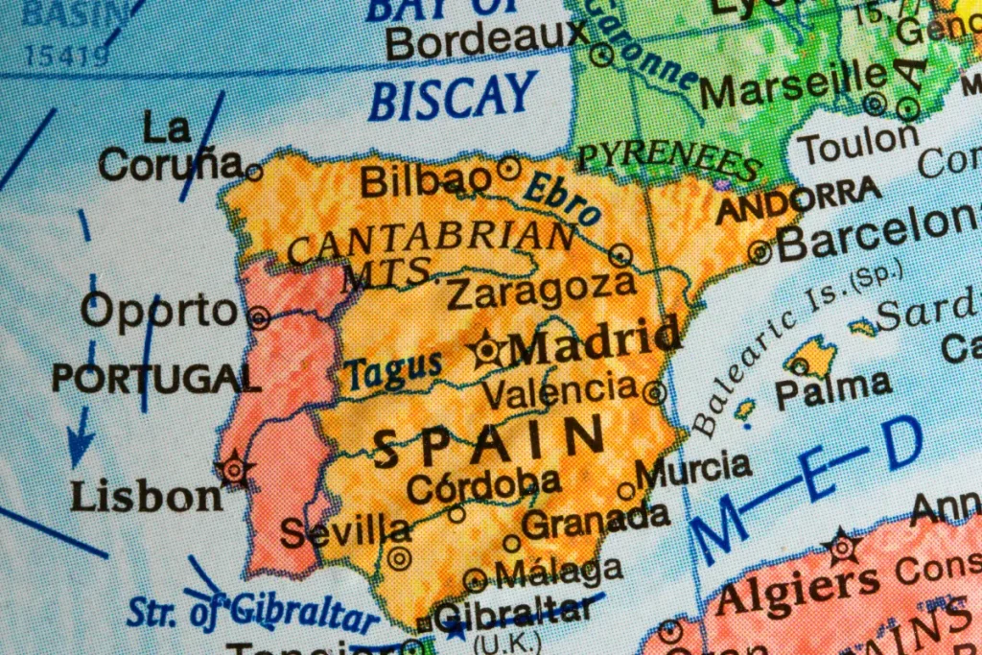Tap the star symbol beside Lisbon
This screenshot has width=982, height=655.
(234, 469)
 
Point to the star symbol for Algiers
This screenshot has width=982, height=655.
(842, 547)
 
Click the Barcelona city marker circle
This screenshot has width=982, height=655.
(760, 252)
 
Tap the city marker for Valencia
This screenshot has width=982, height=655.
(655, 391)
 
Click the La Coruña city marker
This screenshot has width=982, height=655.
(254, 173)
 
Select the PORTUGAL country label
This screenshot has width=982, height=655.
(156, 378)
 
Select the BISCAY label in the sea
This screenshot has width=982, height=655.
(453, 97)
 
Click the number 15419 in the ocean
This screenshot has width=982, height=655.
(66, 57)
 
